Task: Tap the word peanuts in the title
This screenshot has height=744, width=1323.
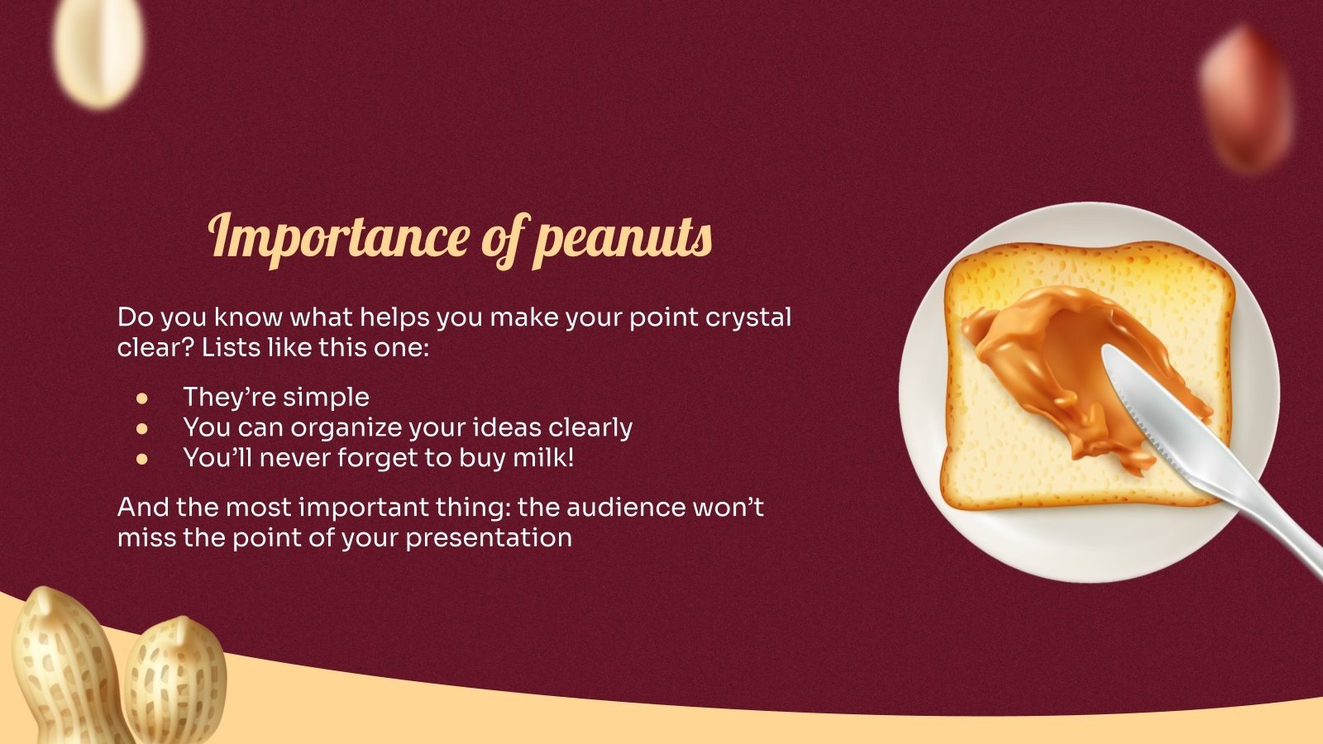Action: pyautogui.click(x=623, y=240)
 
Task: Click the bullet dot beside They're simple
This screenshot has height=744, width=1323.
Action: pyautogui.click(x=142, y=398)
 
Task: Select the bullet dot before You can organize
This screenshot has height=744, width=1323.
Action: pyautogui.click(x=142, y=428)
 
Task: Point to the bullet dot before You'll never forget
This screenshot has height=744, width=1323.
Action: pyautogui.click(x=142, y=458)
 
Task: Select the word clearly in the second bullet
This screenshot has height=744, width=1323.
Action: pyautogui.click(x=590, y=427)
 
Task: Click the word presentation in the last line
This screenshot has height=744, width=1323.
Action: pyautogui.click(x=489, y=537)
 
